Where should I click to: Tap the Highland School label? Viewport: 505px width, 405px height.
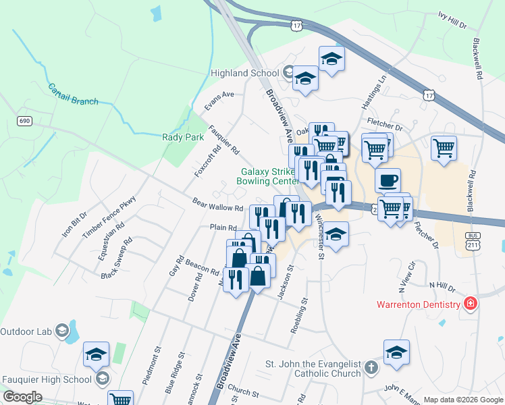244,73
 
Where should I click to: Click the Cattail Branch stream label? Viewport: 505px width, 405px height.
73,94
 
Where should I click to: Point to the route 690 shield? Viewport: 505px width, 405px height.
24,120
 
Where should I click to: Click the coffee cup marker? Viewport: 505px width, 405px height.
388,181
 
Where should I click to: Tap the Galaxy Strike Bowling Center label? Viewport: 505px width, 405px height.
267,176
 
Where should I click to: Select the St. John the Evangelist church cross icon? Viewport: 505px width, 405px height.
371,368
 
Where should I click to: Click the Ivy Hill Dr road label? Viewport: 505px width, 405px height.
452,19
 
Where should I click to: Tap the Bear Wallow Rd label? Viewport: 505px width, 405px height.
217,204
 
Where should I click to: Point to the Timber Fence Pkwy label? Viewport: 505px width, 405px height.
109,216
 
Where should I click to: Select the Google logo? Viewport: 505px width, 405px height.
22,397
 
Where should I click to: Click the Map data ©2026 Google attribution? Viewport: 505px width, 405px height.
463,400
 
